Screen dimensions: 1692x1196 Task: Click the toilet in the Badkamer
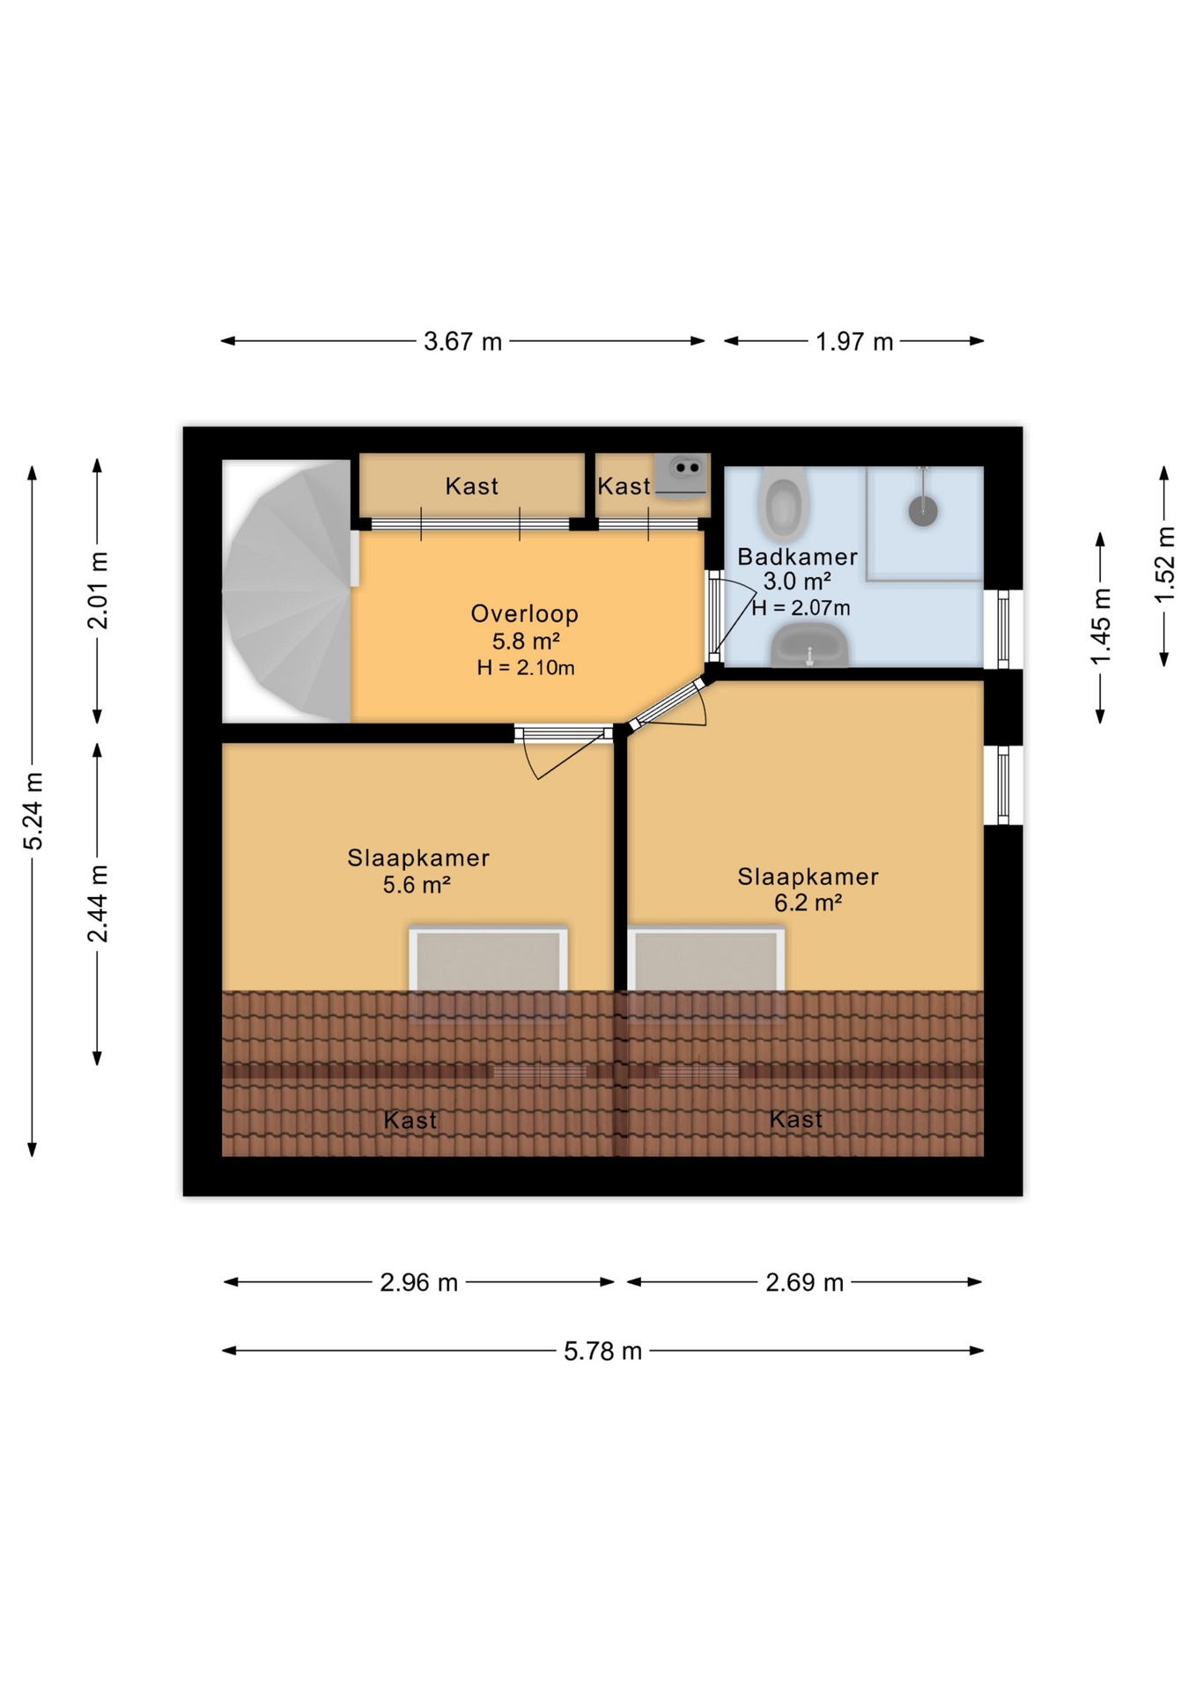(x=782, y=504)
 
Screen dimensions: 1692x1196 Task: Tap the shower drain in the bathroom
(x=922, y=510)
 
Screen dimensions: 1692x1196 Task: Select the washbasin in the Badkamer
(x=808, y=645)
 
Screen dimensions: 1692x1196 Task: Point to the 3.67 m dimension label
(x=462, y=342)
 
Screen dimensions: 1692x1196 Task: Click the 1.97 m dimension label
(x=853, y=342)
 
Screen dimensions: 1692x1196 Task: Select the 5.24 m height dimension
(x=33, y=811)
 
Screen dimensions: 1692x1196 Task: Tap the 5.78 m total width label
(x=602, y=1351)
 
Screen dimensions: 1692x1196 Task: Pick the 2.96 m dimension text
(x=418, y=1282)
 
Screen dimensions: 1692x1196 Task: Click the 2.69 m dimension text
(x=803, y=1282)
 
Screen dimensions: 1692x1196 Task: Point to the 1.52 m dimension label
(x=1164, y=565)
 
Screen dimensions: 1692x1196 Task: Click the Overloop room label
(x=524, y=613)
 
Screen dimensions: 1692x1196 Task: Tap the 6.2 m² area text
(x=808, y=902)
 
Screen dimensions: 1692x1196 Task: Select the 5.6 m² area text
(x=417, y=884)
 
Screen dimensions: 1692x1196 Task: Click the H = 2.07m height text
(x=801, y=607)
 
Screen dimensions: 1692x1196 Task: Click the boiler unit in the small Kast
(x=682, y=477)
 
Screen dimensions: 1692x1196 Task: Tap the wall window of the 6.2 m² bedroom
(x=1002, y=784)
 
